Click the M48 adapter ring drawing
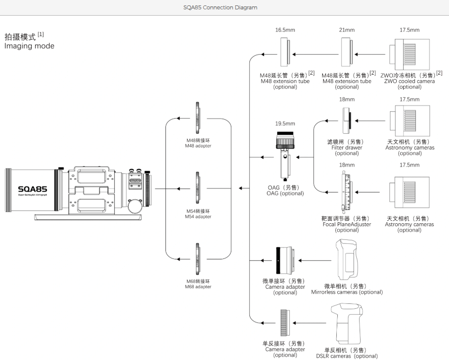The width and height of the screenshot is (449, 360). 197,119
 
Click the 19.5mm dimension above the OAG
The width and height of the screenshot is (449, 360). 285,124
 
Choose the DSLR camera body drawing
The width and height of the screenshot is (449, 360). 347,323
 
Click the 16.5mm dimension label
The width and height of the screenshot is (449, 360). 285,30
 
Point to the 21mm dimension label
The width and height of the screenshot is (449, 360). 347,30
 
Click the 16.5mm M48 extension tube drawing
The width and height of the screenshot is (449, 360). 285,53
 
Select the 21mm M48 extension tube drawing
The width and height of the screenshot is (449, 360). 347,53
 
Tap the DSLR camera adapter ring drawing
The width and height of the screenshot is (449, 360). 286,323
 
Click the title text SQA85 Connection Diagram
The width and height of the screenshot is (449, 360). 224,7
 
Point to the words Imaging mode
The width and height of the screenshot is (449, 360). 29,46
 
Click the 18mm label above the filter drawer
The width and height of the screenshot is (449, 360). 347,100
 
